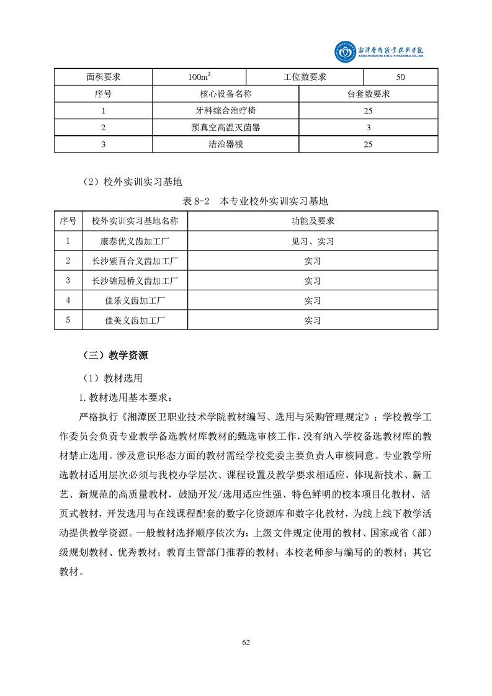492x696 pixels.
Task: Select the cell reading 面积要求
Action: click(103, 77)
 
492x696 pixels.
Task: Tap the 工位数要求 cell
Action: click(305, 77)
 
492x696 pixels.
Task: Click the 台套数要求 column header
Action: click(368, 94)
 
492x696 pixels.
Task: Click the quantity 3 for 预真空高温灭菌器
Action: click(368, 127)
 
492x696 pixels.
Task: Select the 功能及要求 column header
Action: click(313, 221)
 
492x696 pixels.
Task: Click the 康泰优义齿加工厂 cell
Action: click(135, 241)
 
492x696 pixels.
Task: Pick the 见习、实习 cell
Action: click(313, 241)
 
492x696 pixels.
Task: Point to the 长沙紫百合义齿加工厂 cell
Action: click(135, 261)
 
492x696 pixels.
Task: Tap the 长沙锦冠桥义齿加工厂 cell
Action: click(135, 280)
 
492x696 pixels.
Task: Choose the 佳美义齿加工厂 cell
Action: click(135, 320)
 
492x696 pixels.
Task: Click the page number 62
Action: click(246, 642)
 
